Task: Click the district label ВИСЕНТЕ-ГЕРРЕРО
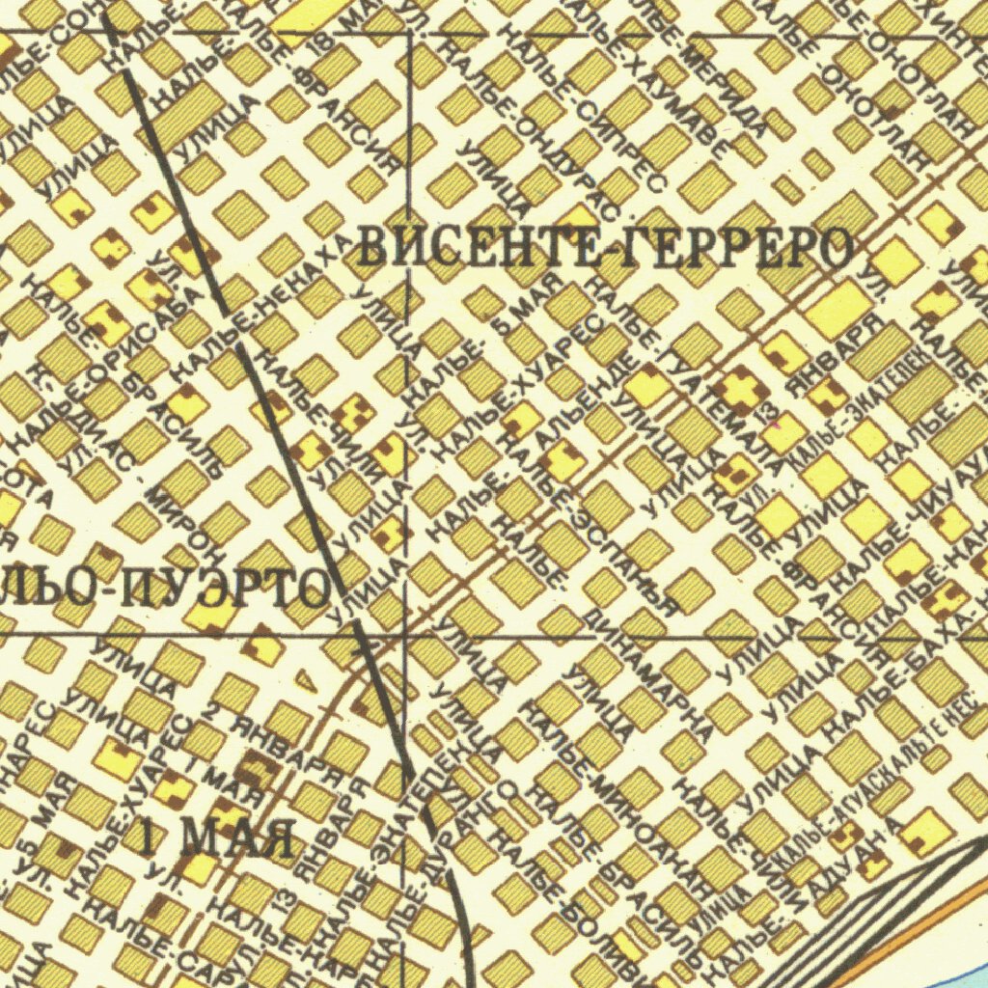pyautogui.click(x=606, y=248)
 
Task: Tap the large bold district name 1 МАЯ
pyautogui.click(x=218, y=837)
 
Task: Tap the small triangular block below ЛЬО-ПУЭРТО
pyautogui.click(x=303, y=680)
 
